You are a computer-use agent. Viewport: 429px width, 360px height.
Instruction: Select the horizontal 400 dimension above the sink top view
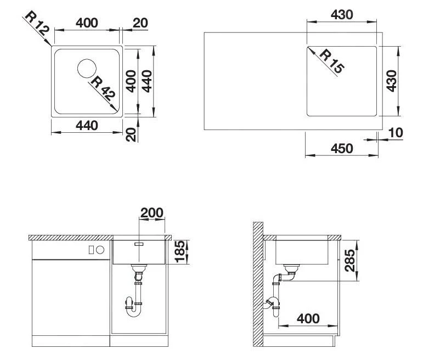[86, 23]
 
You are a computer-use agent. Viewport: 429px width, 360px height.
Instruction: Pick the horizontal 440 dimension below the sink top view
[86, 126]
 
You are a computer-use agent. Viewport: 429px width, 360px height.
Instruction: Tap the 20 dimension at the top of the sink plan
[140, 23]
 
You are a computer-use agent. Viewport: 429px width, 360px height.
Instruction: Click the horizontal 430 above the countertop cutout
[342, 15]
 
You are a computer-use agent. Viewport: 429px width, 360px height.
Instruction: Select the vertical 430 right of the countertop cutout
[391, 81]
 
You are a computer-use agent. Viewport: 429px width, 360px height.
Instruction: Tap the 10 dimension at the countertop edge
[395, 132]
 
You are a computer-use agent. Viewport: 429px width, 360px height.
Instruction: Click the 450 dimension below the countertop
[342, 148]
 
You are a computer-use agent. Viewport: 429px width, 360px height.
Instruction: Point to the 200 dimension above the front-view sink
[151, 213]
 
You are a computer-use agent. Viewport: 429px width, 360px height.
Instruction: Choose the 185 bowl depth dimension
[179, 252]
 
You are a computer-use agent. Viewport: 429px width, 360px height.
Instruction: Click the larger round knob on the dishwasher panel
[100, 250]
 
